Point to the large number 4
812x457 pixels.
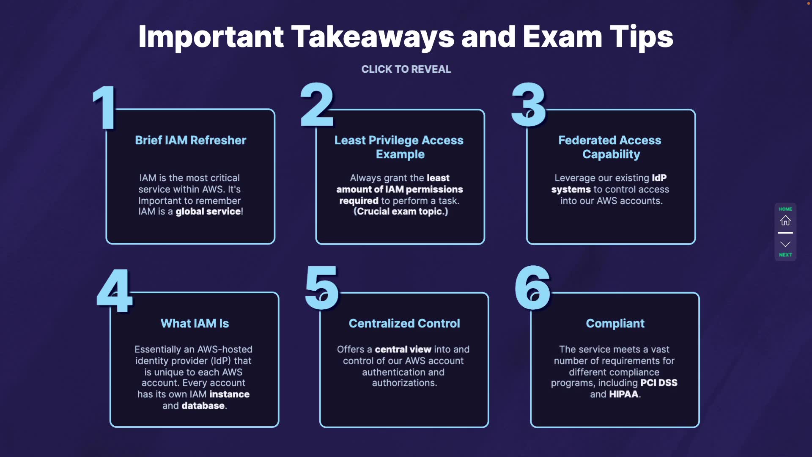(x=115, y=291)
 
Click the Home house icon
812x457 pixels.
(x=785, y=220)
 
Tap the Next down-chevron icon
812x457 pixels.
(x=785, y=244)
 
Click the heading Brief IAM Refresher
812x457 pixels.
(x=190, y=140)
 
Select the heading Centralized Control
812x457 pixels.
(x=404, y=323)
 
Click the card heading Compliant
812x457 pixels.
(x=615, y=323)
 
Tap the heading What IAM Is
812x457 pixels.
(x=195, y=323)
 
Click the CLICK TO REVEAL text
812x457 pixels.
(x=406, y=69)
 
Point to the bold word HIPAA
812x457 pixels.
(x=623, y=394)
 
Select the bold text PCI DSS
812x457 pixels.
(x=658, y=383)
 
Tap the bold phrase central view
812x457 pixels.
(x=403, y=350)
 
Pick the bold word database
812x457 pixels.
(x=203, y=406)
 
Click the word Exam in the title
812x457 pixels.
(x=562, y=37)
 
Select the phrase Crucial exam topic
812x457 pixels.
(x=401, y=212)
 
